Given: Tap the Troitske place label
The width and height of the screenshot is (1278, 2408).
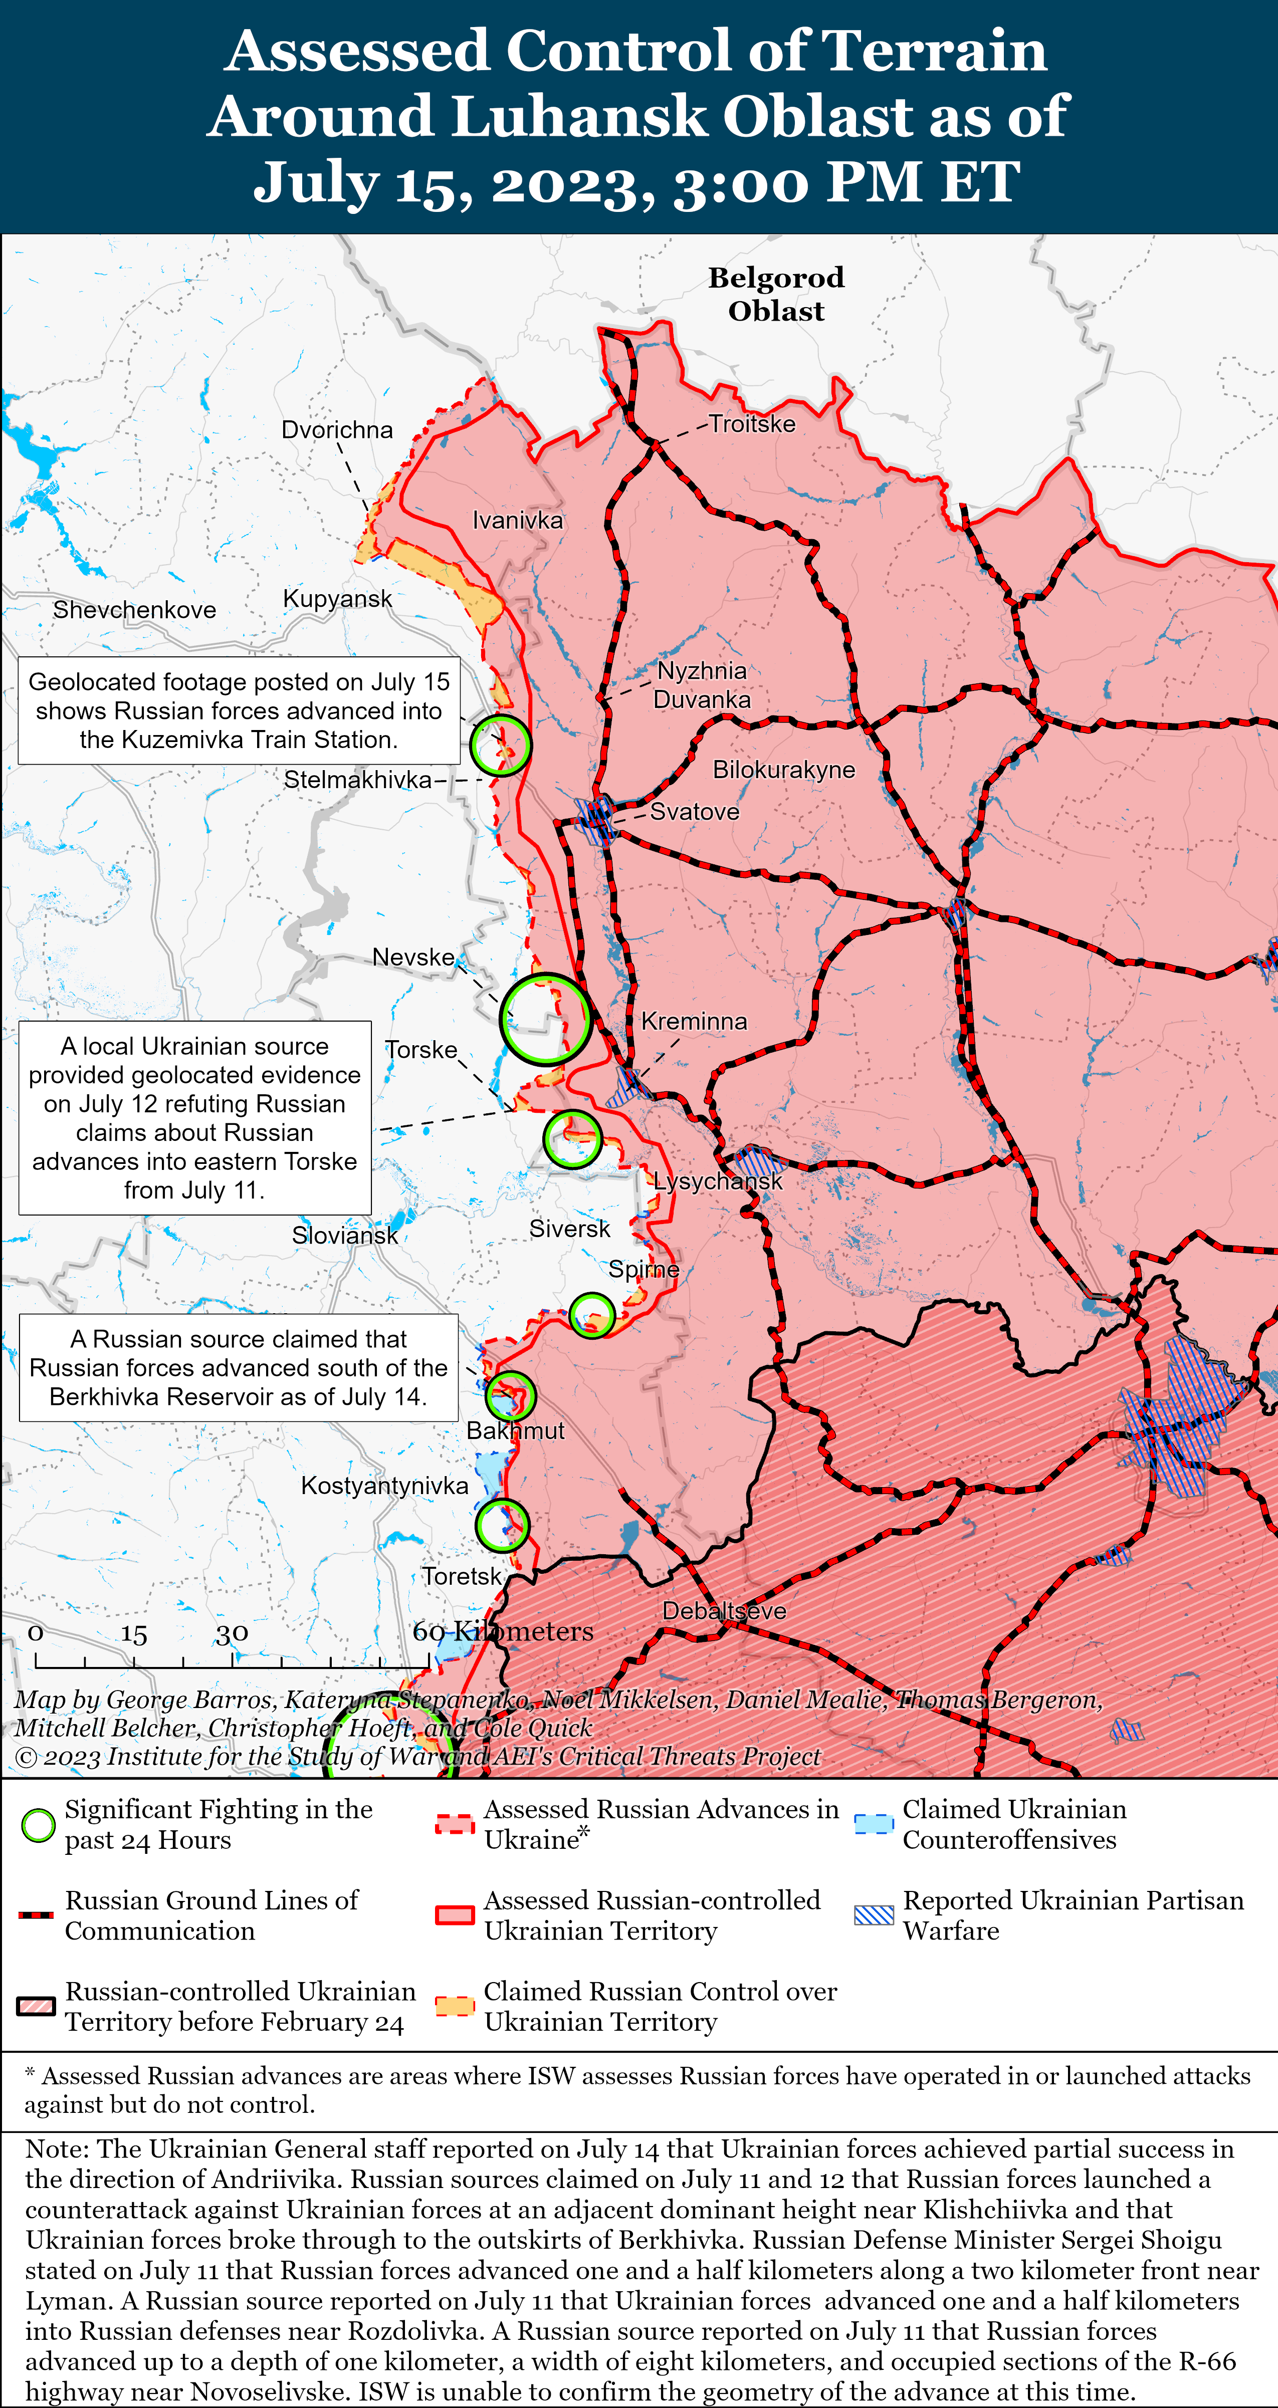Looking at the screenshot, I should pyautogui.click(x=752, y=423).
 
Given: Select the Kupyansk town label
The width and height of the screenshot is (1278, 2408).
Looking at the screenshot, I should pyautogui.click(x=337, y=598).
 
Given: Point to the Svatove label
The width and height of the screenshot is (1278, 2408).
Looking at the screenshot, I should pyautogui.click(x=695, y=811).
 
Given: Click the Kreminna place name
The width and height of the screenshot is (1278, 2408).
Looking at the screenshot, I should pyautogui.click(x=694, y=1021).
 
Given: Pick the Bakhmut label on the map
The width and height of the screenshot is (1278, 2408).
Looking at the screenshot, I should pyautogui.click(x=515, y=1430).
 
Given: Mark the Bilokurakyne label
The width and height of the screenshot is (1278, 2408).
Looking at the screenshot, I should pyautogui.click(x=783, y=769).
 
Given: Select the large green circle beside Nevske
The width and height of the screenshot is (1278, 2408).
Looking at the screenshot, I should pyautogui.click(x=545, y=1019).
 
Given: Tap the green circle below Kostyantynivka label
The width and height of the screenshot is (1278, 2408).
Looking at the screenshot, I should pyautogui.click(x=502, y=1526).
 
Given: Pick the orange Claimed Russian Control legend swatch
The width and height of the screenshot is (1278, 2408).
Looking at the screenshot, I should pyautogui.click(x=455, y=2006).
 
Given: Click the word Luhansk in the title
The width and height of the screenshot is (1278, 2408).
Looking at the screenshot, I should pyautogui.click(x=580, y=116).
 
